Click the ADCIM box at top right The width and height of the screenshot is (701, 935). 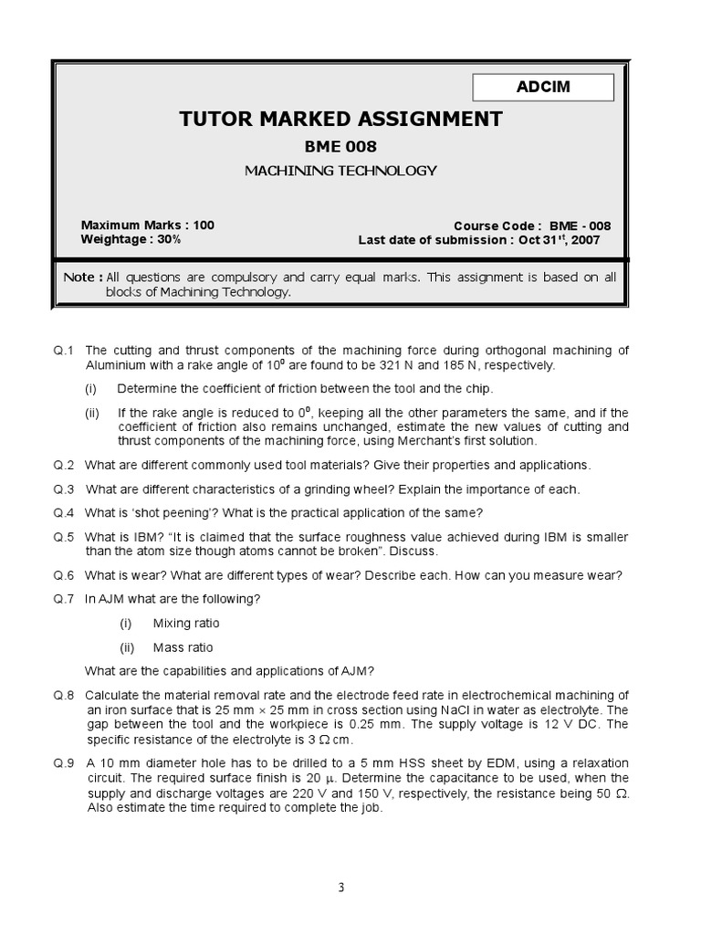click(x=543, y=87)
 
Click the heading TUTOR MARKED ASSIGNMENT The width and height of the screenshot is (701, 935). click(x=340, y=119)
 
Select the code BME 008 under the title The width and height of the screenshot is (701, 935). click(x=340, y=146)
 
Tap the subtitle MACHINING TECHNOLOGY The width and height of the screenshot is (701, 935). click(x=340, y=170)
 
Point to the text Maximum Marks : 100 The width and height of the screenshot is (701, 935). click(x=148, y=225)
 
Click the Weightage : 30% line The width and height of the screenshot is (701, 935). click(x=131, y=239)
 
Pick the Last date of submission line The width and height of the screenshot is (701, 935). click(x=478, y=240)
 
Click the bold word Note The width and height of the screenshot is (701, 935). click(x=78, y=278)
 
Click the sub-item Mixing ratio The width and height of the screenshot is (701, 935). click(x=186, y=623)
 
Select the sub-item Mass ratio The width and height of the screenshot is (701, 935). click(x=183, y=647)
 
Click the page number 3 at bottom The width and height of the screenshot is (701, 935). click(x=340, y=887)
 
